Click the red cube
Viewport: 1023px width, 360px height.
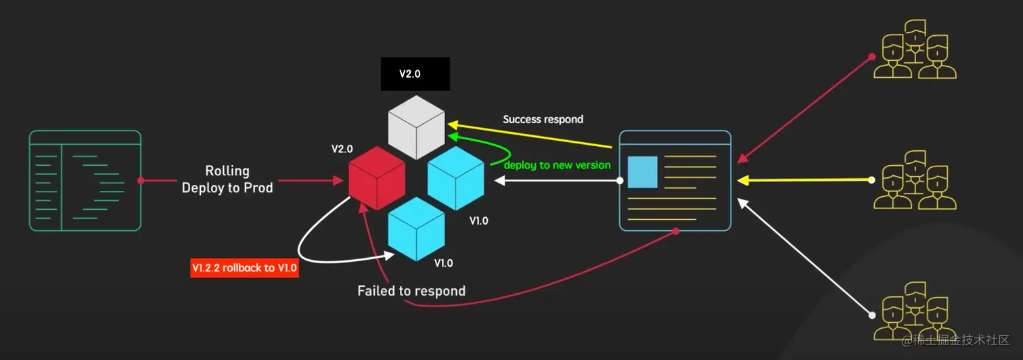point(377,177)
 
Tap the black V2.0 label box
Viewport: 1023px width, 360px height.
point(415,74)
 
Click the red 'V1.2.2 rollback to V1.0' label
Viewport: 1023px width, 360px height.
point(245,269)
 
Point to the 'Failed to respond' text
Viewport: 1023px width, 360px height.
point(411,292)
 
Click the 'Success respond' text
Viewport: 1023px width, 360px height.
point(543,119)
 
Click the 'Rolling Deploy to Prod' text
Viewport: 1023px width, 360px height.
point(227,179)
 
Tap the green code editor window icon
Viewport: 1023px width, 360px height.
point(85,181)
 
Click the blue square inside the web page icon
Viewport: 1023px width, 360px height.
point(643,172)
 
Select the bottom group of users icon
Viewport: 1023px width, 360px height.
point(915,311)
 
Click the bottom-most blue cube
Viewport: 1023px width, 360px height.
point(416,228)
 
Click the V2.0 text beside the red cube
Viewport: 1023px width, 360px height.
point(342,148)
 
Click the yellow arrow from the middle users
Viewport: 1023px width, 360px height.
point(805,180)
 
